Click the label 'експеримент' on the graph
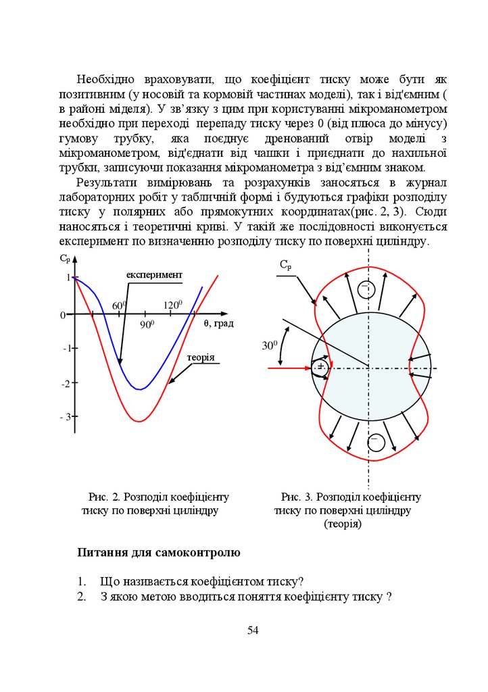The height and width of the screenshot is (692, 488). coord(154,274)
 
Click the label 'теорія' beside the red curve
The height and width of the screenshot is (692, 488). coord(201,357)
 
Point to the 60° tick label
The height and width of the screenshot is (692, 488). coord(120,305)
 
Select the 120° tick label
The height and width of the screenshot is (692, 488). coord(173,305)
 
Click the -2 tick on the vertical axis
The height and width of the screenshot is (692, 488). coord(66,384)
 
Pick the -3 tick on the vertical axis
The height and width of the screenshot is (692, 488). coord(66,417)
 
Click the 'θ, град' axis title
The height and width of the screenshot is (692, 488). coord(218,324)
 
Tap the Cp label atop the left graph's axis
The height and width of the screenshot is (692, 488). coord(65,258)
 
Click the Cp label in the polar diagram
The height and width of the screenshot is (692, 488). coord(286,266)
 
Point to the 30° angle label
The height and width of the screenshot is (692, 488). coord(270,346)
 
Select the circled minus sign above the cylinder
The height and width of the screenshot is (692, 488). coord(366,290)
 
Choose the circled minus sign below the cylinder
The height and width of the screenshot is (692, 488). coord(376,443)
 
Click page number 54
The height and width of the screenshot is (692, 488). coord(253,631)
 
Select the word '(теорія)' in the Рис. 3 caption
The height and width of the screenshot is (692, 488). coord(343,524)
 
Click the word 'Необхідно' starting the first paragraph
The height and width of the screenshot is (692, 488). coord(104,78)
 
